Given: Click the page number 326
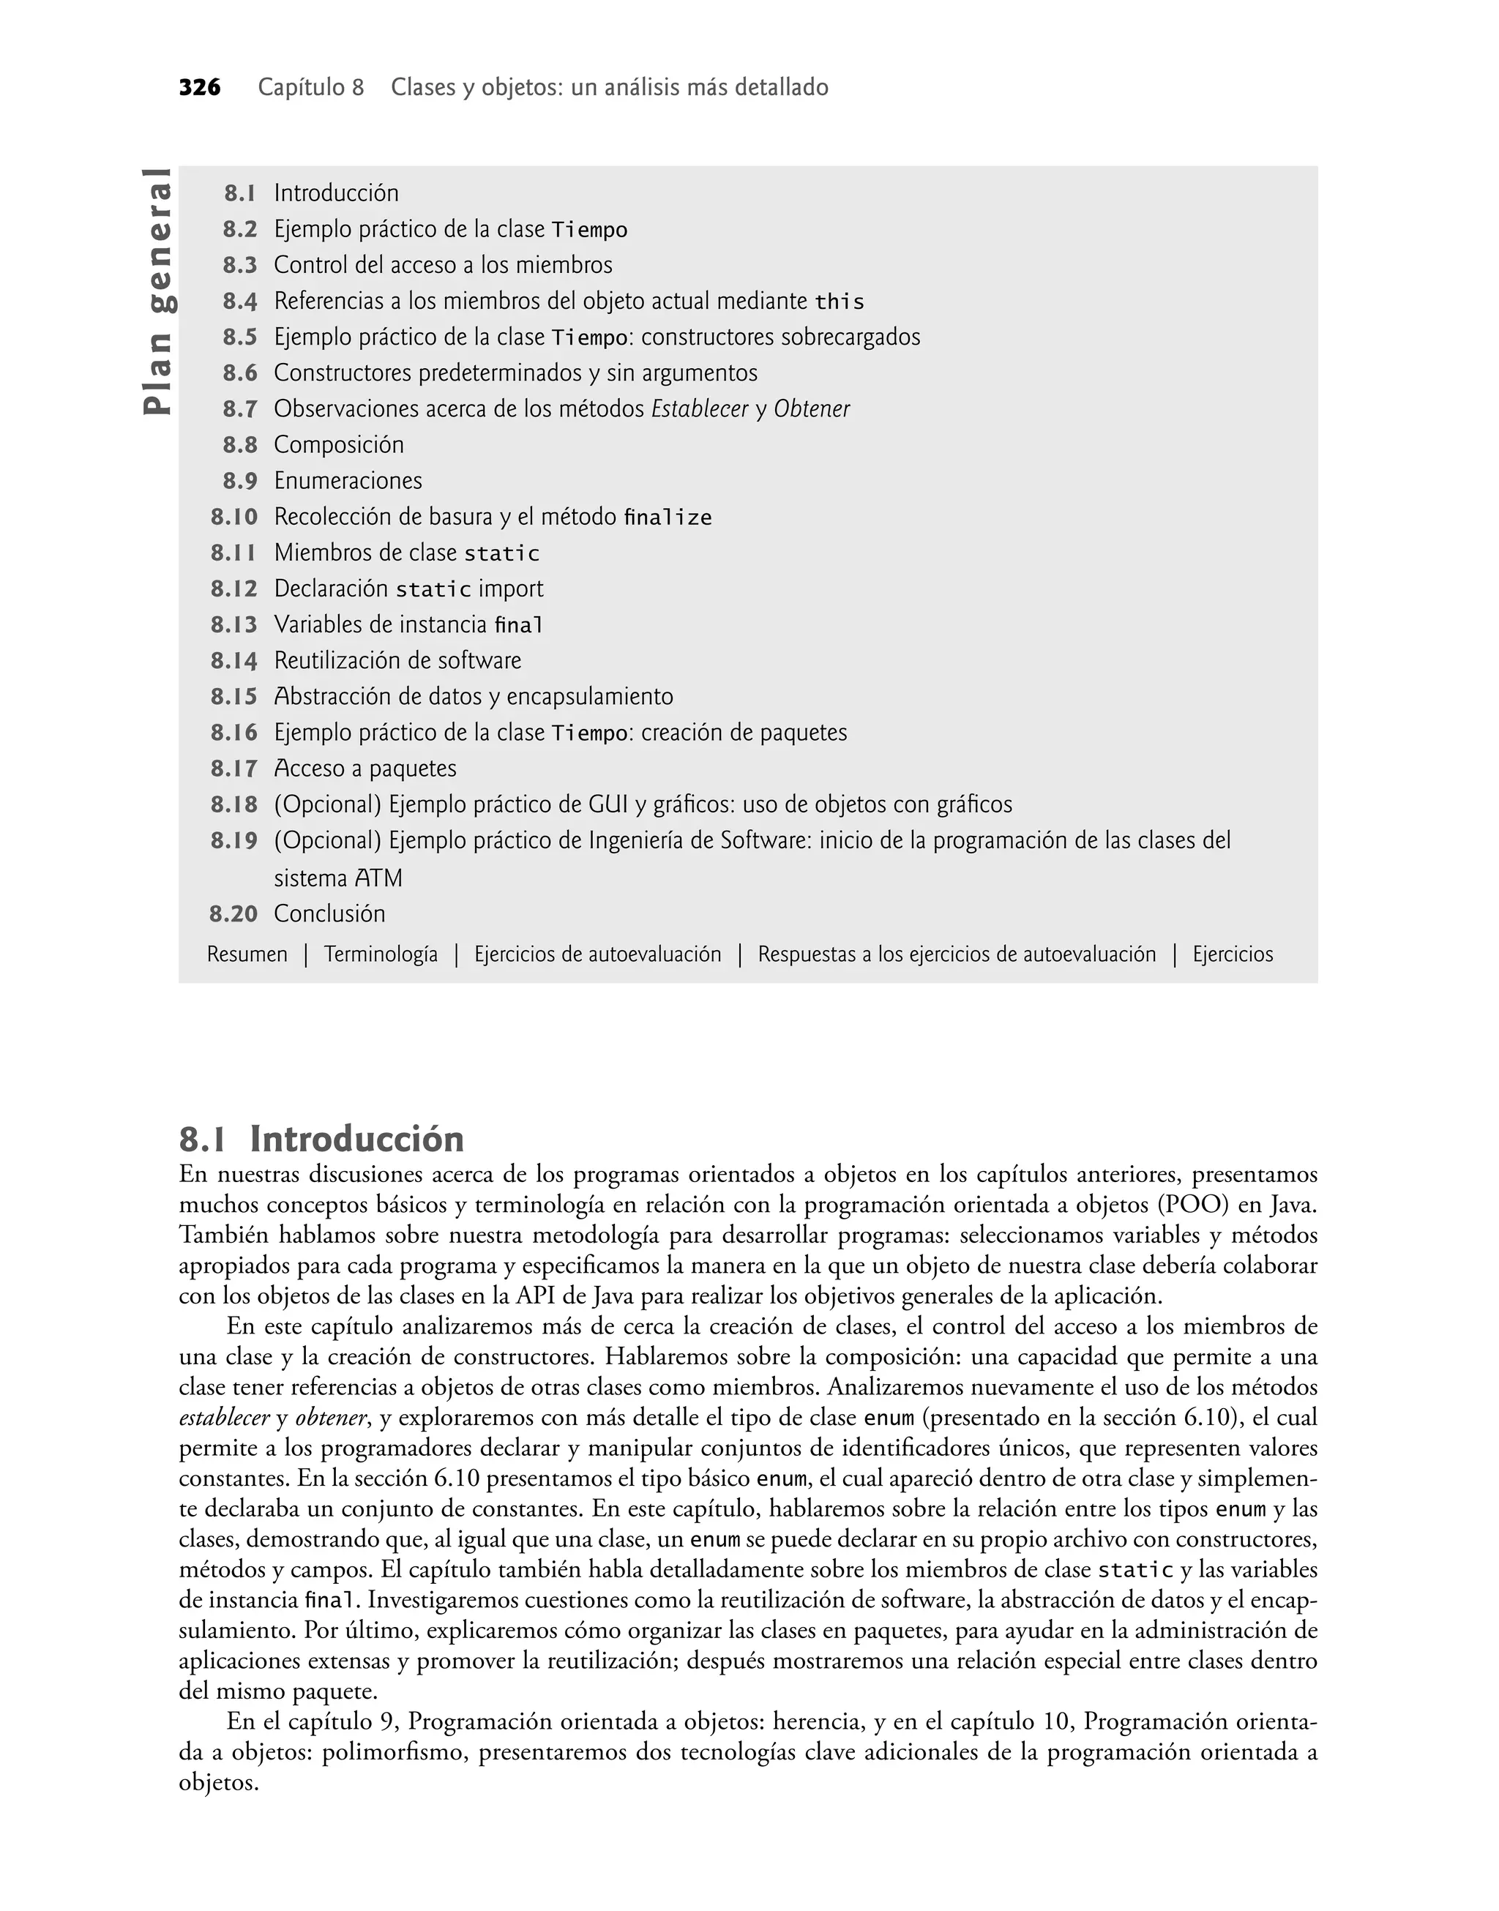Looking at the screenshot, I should click(x=199, y=88).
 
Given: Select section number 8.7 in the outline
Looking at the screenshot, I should click(x=239, y=409).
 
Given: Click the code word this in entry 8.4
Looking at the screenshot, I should click(x=839, y=302).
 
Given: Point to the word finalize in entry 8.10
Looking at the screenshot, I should click(x=667, y=517).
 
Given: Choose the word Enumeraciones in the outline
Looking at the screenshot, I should click(x=348, y=481).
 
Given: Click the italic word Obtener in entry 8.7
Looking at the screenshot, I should click(x=811, y=409).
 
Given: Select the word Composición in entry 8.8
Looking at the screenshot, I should click(x=339, y=445).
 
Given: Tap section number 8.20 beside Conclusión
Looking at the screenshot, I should click(x=233, y=914).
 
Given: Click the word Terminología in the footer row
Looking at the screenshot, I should click(x=381, y=954).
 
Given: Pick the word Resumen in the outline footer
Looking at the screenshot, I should click(x=247, y=954).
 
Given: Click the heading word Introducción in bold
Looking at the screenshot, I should click(x=356, y=1140).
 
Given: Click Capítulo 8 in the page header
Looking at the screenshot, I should click(x=310, y=88).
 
